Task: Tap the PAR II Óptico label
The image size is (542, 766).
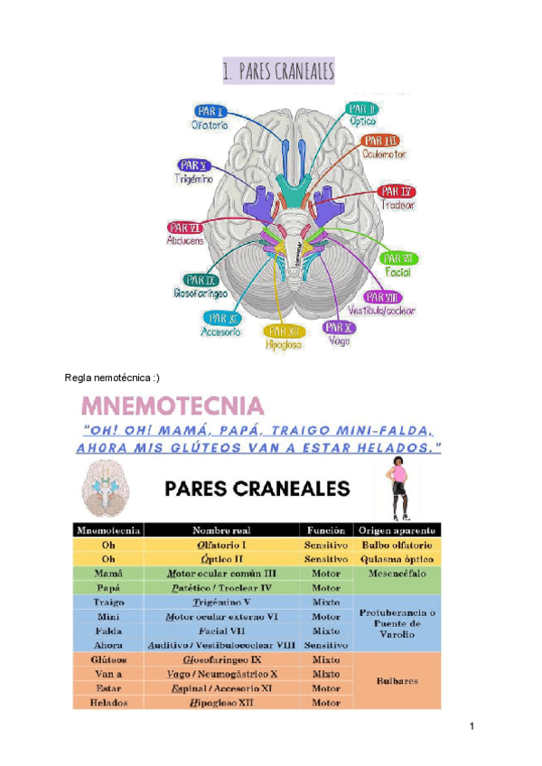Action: pos(363,109)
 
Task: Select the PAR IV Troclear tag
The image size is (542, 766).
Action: pos(396,191)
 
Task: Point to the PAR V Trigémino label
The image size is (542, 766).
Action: pos(193,165)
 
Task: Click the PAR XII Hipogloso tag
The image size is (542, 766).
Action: pos(284,331)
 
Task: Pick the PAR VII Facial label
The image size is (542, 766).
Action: pos(398,259)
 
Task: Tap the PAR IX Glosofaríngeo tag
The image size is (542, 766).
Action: pos(200,280)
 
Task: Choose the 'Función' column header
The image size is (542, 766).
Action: pos(325,530)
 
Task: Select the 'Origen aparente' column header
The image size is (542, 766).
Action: pos(398,530)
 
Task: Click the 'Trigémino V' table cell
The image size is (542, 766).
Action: pos(222,601)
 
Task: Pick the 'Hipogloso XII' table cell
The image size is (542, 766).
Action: pos(222,703)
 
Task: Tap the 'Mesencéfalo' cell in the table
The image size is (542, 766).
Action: pos(398,573)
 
